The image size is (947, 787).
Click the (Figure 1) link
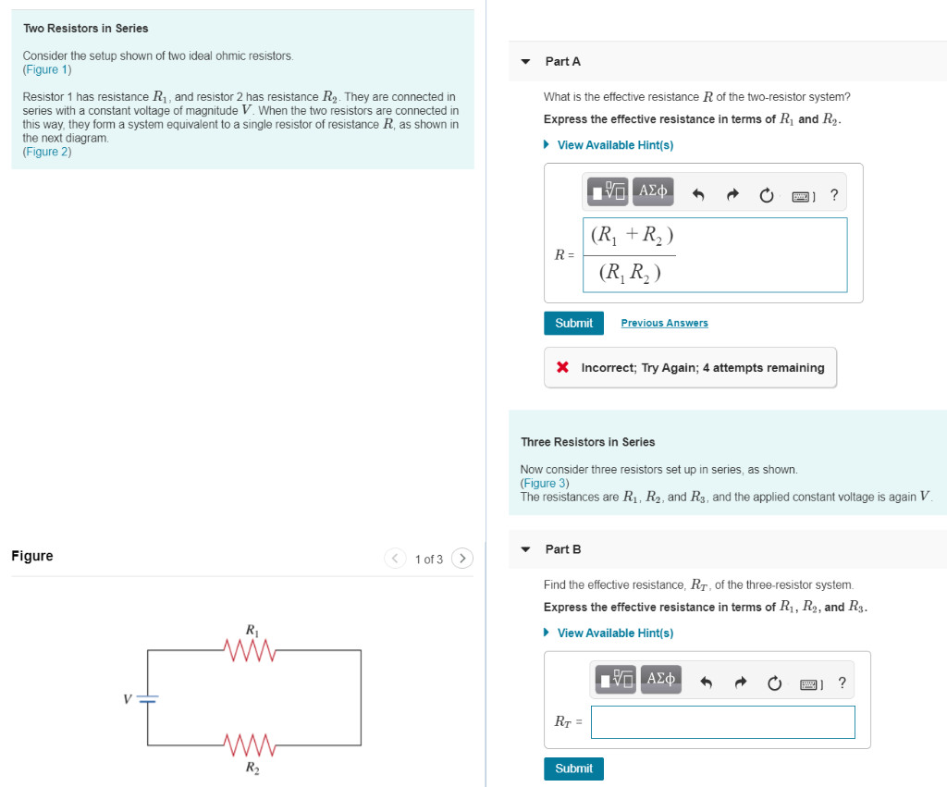(47, 69)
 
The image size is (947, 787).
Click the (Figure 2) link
(47, 151)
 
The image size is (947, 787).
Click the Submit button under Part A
(573, 323)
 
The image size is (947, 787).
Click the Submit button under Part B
(573, 769)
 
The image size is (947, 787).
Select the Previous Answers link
(664, 323)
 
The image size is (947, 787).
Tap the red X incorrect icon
(562, 367)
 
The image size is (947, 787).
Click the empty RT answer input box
(722, 722)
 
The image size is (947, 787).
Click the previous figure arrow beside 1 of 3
(395, 559)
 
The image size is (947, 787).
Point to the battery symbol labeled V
(148, 698)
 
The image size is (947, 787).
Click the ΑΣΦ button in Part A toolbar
(654, 191)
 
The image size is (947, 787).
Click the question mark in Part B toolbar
(842, 683)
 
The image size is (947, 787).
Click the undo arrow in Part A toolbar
(699, 195)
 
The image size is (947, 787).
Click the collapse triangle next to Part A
(525, 62)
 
